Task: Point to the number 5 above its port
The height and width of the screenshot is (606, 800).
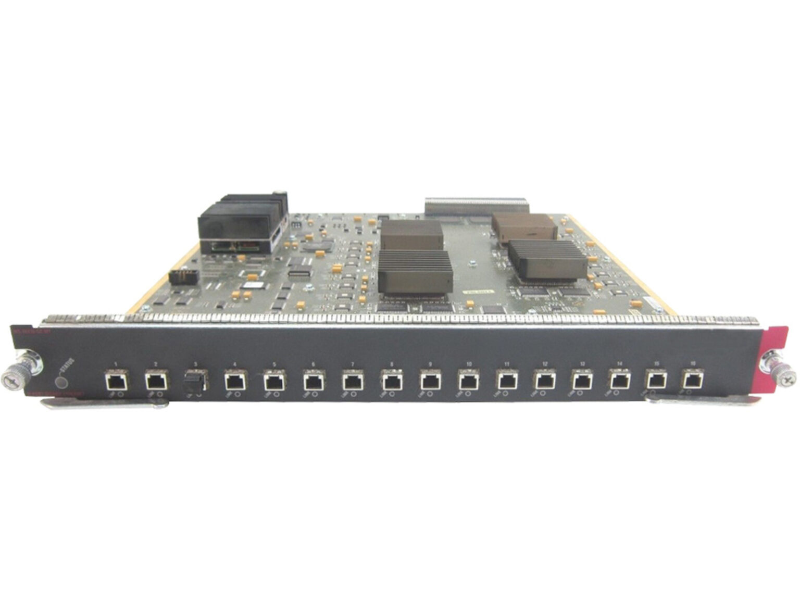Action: point(274,363)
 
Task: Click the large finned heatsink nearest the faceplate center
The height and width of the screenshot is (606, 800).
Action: point(413,271)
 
